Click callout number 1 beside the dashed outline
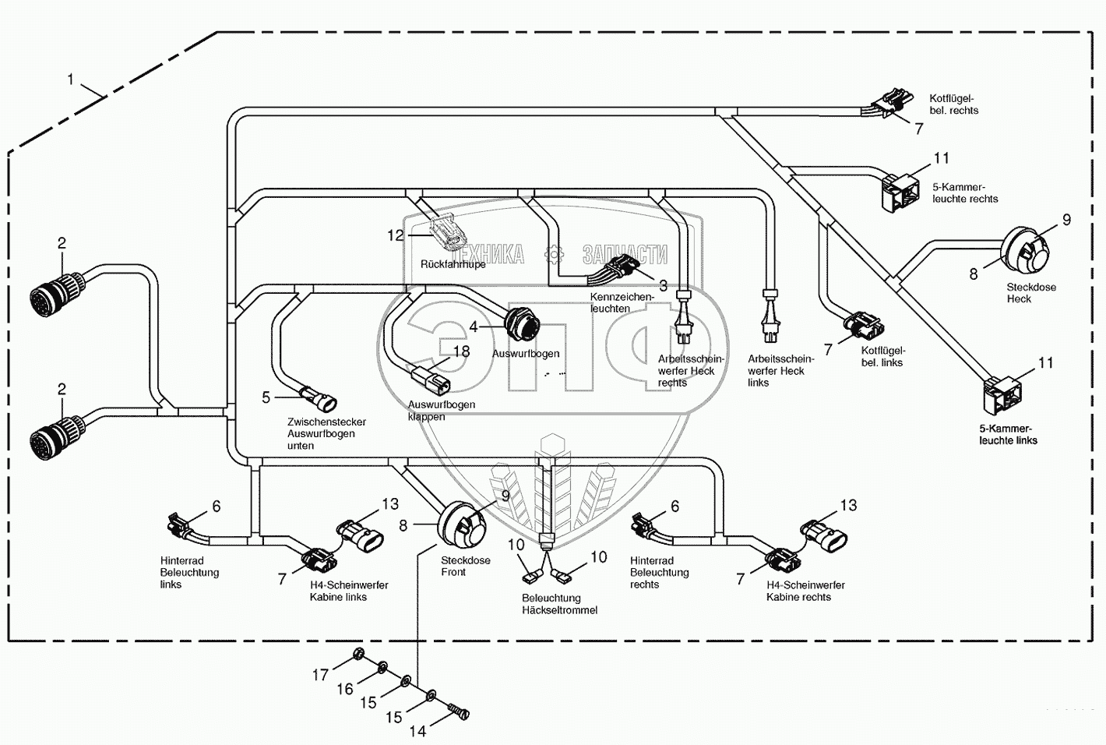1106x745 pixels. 71,79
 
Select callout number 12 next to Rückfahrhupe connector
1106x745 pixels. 396,235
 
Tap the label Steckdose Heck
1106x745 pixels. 1030,293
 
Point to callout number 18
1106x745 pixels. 462,351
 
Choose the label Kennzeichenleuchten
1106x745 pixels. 622,302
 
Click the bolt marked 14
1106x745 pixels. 459,712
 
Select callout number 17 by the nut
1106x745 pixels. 320,675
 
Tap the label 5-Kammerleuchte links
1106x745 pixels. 1008,434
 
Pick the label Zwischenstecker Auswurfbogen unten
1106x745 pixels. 326,433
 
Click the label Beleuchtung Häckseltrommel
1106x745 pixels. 559,604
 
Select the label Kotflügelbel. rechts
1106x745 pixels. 953,104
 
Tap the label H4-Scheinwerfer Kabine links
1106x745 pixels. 337,591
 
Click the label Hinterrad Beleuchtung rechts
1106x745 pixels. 659,572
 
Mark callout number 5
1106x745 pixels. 266,397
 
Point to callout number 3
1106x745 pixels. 663,285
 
